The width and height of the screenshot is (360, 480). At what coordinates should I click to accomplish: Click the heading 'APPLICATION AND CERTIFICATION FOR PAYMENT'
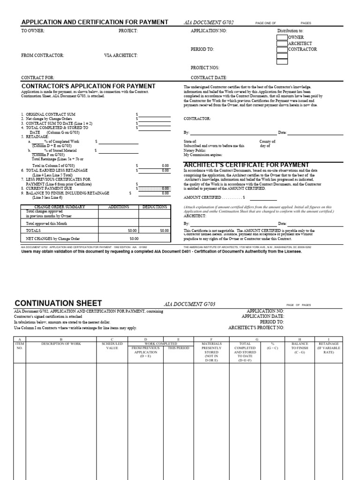coord(95,22)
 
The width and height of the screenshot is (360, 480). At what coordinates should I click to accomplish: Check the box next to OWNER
coord(282,37)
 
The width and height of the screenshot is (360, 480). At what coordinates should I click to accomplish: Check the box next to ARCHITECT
coord(282,43)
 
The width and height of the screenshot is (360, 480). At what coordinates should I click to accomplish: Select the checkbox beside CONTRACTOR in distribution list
coord(282,49)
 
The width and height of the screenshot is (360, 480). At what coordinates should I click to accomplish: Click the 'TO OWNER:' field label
coord(33,30)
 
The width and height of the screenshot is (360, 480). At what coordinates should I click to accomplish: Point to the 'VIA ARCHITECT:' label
coord(121,55)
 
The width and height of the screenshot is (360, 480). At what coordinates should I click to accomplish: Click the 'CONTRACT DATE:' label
coord(209,78)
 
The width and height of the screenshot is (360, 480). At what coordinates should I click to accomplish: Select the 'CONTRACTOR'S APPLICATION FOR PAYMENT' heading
coord(89,86)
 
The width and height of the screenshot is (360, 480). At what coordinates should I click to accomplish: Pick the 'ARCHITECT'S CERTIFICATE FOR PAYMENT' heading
coord(247,165)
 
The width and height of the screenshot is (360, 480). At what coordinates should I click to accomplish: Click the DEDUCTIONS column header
coord(155,207)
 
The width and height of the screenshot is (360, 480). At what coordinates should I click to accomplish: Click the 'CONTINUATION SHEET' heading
coord(58,303)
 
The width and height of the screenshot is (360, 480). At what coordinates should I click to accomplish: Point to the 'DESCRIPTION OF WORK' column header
coord(61,344)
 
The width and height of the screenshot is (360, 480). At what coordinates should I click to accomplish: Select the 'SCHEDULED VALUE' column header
coord(112,346)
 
